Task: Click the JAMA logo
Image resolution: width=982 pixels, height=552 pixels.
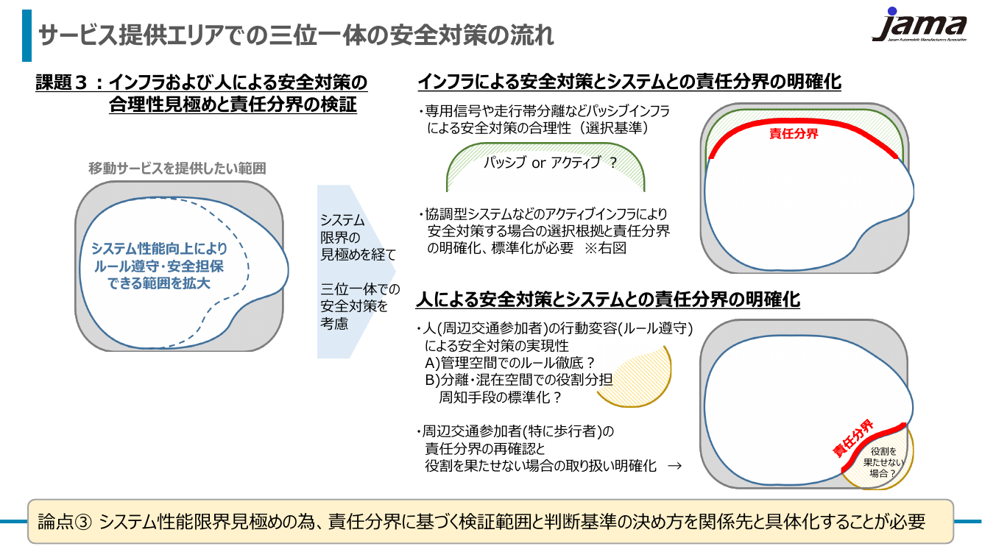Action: point(919,25)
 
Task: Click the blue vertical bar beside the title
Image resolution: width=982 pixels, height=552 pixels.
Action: point(27,35)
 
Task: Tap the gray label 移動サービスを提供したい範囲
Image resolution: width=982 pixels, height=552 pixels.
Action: point(177,169)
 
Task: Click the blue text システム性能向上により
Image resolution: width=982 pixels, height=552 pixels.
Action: point(159,249)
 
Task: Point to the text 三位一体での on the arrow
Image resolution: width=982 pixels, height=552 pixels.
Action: point(360,289)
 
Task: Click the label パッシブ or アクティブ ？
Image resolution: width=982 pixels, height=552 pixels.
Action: point(550,163)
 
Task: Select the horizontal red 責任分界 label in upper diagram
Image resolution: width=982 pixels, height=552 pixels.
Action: point(794,134)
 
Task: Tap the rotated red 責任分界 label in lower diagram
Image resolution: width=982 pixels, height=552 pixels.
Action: point(853,439)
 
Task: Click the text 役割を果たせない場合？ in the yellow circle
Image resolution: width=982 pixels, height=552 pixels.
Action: point(883,462)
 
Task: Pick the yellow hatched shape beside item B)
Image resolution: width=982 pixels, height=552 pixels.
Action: point(635,377)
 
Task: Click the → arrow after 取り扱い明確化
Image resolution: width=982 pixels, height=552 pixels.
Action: point(675,466)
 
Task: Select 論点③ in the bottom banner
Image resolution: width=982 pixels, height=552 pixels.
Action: point(65,522)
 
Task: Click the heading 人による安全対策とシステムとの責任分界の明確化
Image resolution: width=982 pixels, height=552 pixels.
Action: point(608,300)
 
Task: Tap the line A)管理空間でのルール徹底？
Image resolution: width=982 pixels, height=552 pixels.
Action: point(510,363)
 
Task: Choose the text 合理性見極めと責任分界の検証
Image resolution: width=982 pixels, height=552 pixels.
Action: point(233,105)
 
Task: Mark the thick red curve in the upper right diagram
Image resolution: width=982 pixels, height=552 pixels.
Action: point(802,122)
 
